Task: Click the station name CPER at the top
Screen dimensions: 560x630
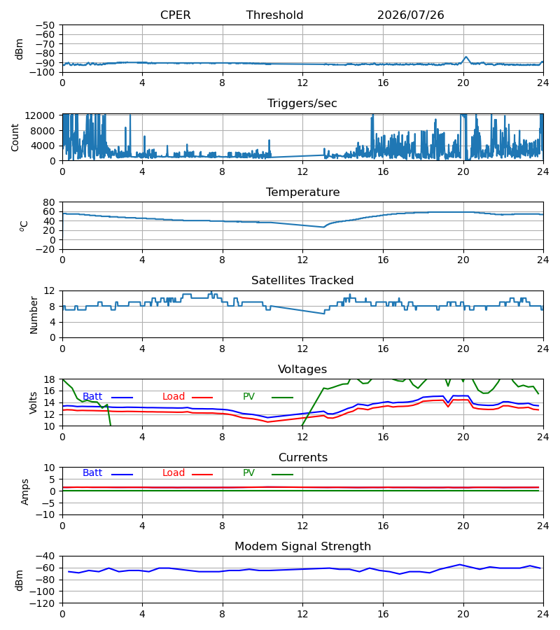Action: click(x=175, y=15)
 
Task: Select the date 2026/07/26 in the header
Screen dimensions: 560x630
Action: click(x=411, y=15)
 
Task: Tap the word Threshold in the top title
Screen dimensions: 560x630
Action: click(x=274, y=15)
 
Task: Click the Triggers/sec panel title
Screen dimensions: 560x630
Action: click(x=302, y=104)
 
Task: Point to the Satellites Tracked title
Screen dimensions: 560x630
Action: click(x=302, y=280)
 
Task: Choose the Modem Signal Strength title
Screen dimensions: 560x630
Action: click(x=302, y=547)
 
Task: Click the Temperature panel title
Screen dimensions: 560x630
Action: click(x=302, y=192)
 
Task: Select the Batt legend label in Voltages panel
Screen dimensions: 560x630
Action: click(x=92, y=397)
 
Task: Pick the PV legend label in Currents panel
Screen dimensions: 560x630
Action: click(x=248, y=473)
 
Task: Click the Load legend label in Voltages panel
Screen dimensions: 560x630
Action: click(x=174, y=397)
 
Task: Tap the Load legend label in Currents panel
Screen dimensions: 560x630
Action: click(x=174, y=473)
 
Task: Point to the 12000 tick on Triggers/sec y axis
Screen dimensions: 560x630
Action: click(x=40, y=115)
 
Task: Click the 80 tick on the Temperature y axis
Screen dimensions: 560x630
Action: click(x=48, y=202)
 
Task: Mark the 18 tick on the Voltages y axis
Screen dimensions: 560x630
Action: click(x=48, y=379)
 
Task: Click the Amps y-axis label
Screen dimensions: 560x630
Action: click(x=25, y=491)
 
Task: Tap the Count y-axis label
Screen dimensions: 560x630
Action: click(x=15, y=137)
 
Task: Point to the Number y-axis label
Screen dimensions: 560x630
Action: click(x=34, y=315)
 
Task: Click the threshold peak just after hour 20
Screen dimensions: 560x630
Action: click(x=466, y=57)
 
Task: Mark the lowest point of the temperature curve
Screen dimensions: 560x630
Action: click(x=324, y=227)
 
